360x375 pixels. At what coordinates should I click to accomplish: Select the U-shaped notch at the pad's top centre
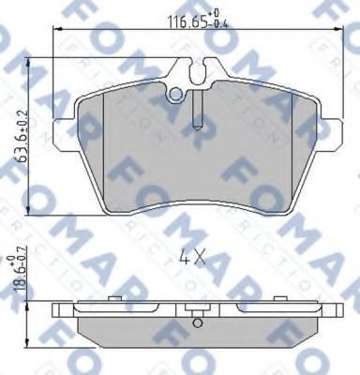(197, 70)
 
